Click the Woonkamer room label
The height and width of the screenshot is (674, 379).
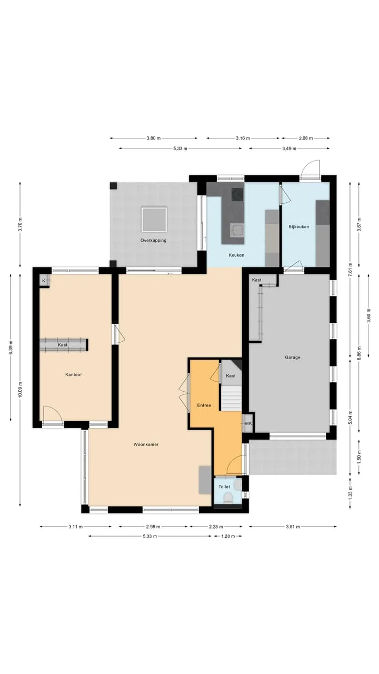click(146, 444)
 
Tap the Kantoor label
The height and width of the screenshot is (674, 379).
click(74, 374)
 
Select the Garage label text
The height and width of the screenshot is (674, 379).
click(293, 358)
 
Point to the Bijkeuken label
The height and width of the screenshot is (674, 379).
click(299, 226)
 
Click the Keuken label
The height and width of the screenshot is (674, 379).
click(236, 255)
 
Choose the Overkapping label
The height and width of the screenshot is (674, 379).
click(153, 241)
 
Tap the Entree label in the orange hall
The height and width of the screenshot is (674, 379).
click(204, 405)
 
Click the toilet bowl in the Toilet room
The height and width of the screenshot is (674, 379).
click(228, 498)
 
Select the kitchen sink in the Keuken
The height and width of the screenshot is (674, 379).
click(237, 231)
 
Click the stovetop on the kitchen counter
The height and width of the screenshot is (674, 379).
click(237, 194)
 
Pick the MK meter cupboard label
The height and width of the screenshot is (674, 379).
click(248, 423)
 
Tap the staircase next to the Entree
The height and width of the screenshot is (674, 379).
click(232, 399)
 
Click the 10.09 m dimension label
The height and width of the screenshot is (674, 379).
click(20, 390)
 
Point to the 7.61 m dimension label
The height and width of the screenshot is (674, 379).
click(350, 270)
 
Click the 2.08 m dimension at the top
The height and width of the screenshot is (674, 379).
click(306, 138)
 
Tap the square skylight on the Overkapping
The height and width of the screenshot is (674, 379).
click(154, 220)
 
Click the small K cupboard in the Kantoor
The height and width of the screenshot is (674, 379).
click(44, 281)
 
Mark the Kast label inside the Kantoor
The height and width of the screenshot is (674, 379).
click(63, 345)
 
